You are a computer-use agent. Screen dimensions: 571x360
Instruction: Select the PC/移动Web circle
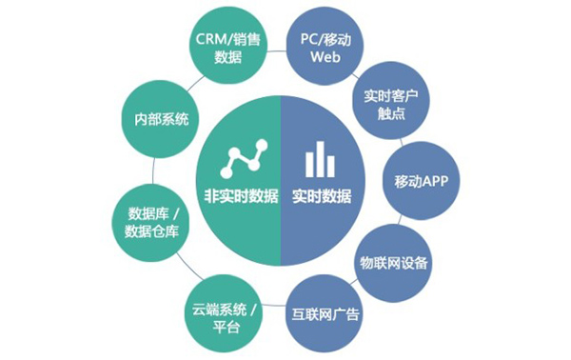point(324,47)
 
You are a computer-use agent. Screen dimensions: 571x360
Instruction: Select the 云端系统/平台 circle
point(222,315)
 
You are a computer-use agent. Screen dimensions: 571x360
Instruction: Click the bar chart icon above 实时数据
point(320,161)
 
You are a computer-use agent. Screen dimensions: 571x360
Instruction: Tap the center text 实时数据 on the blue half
point(321,197)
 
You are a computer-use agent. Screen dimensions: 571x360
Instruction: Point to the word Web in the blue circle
point(325,57)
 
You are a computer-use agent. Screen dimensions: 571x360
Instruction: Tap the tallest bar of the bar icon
point(320,160)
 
